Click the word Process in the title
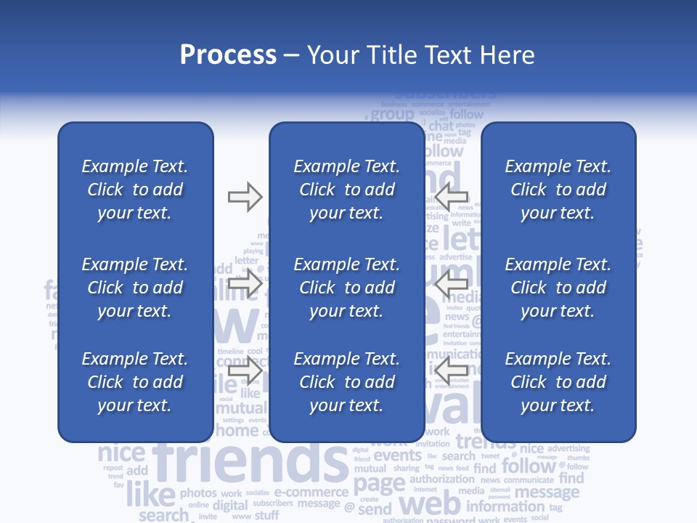click(x=228, y=55)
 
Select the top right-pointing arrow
click(x=245, y=196)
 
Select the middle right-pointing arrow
click(x=245, y=284)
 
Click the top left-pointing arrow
click(x=452, y=196)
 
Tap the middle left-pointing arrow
click(x=452, y=284)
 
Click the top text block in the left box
click(x=135, y=190)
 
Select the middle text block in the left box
click(x=135, y=288)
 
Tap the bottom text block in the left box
click(x=135, y=382)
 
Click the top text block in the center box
click(x=347, y=190)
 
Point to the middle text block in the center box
click(x=347, y=288)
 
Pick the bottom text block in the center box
click(x=347, y=382)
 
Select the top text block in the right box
click(x=558, y=190)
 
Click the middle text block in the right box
click(x=558, y=288)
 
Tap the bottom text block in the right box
click(x=558, y=382)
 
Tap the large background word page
click(x=379, y=483)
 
